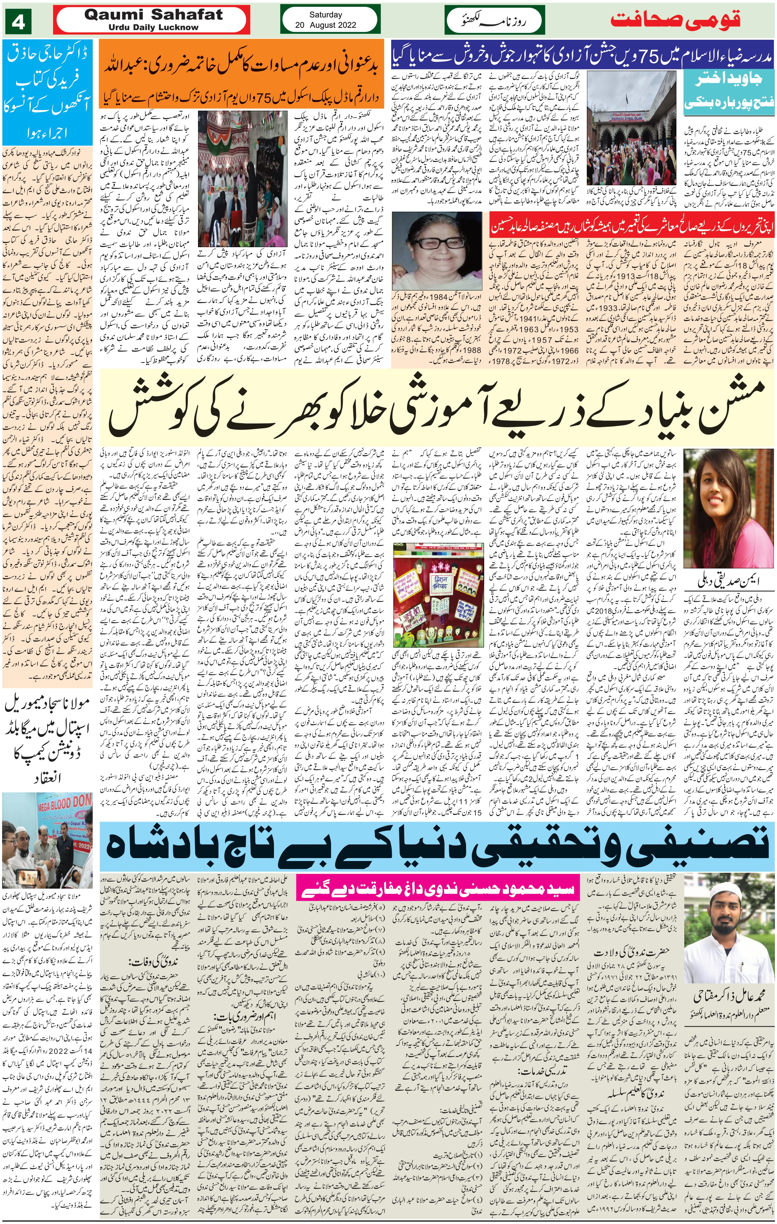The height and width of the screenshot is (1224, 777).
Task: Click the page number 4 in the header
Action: click(x=18, y=23)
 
